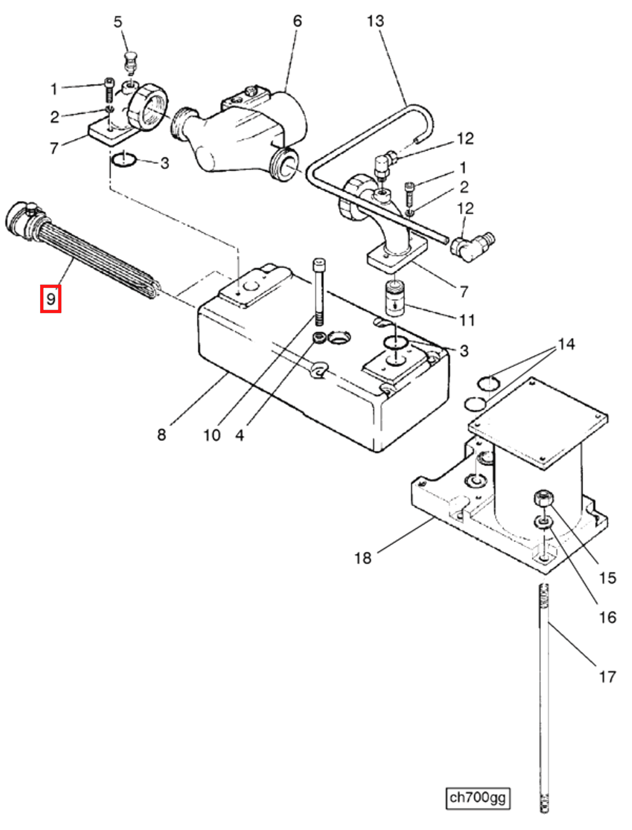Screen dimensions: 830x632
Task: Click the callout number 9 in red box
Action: tap(51, 299)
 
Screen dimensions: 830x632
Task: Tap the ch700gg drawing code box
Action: tap(477, 797)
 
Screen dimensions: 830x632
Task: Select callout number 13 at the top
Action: tap(375, 21)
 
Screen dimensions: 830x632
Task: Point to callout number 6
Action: tap(297, 21)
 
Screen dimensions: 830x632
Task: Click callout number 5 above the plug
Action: tap(118, 22)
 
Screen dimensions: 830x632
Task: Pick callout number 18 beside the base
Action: tap(363, 558)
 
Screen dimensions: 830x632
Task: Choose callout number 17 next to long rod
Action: tap(607, 677)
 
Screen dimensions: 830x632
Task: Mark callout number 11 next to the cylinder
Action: tap(468, 321)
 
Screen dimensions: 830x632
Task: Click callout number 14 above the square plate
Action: tap(566, 344)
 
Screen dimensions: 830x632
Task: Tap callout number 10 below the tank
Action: tap(212, 435)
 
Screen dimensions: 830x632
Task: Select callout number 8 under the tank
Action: tap(161, 435)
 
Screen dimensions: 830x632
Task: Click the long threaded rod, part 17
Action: tap(544, 696)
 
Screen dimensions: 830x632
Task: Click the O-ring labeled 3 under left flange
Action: tap(123, 160)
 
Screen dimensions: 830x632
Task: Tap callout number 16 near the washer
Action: tap(607, 618)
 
